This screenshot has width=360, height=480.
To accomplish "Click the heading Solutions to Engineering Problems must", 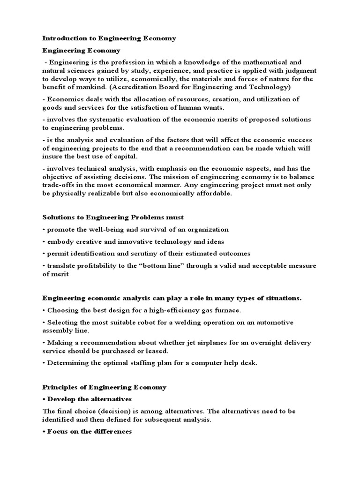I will (x=113, y=217).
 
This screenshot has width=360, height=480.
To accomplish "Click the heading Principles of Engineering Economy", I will (x=105, y=387).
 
